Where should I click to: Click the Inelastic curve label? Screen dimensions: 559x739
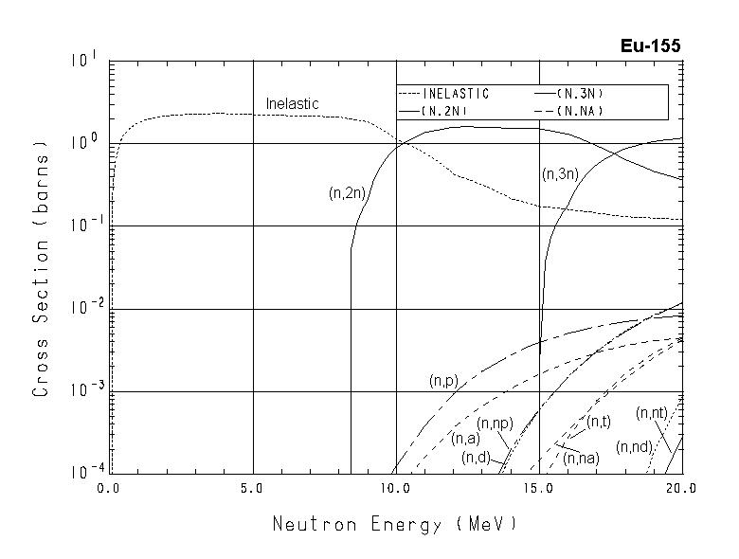click(x=292, y=103)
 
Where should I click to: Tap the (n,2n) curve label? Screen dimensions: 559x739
click(x=347, y=193)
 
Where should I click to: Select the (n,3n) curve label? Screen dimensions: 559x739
click(x=560, y=174)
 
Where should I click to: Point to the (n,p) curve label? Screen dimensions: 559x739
click(x=443, y=381)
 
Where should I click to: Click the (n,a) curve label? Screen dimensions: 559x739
click(x=465, y=438)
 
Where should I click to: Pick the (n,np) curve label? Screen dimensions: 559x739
click(x=495, y=424)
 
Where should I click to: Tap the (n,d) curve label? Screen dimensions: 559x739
click(x=476, y=459)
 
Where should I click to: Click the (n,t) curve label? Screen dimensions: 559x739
click(x=598, y=422)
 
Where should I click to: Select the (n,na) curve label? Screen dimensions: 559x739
click(x=580, y=459)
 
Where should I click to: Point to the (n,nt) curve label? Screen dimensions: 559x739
click(x=653, y=412)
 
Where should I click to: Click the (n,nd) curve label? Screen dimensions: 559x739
click(x=633, y=446)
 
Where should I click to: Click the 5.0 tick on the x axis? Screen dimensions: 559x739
click(x=253, y=489)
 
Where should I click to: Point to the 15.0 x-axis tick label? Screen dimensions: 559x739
click(x=539, y=489)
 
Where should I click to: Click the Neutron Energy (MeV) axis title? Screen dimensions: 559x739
click(x=395, y=524)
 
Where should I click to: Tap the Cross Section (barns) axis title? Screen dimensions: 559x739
click(x=41, y=268)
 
